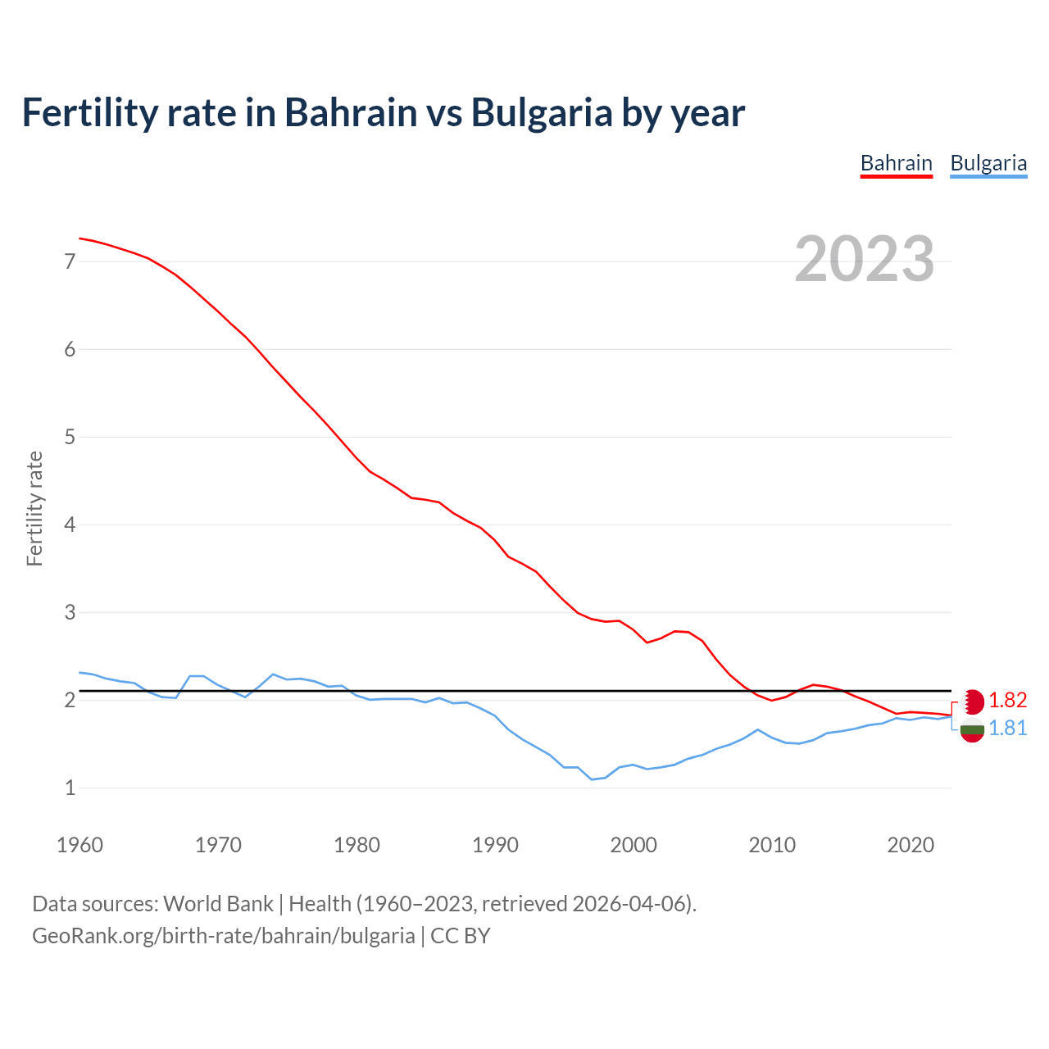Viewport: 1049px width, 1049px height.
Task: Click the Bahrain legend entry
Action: [x=896, y=163]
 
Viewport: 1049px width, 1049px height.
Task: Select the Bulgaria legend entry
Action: [x=988, y=163]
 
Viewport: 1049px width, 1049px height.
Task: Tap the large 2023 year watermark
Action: [x=864, y=259]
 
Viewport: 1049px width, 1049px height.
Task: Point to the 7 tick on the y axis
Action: [x=70, y=261]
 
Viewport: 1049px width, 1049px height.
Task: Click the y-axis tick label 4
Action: [x=70, y=524]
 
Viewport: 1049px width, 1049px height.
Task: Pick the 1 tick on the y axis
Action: [x=70, y=788]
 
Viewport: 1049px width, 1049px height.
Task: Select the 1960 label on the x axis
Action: [x=79, y=845]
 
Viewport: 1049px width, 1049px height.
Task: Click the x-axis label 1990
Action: [x=495, y=845]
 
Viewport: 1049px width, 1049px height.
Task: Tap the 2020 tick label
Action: [x=910, y=845]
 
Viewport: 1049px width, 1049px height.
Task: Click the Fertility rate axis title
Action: [x=34, y=508]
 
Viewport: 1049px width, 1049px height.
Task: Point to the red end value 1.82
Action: [x=1007, y=700]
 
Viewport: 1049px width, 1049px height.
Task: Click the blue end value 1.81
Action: [x=1007, y=728]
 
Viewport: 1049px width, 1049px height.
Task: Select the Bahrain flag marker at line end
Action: [x=972, y=702]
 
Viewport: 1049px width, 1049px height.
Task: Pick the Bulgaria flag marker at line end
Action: [x=972, y=730]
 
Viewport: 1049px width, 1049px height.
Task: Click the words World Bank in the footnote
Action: [x=218, y=904]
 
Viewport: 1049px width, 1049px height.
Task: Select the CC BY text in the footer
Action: [x=460, y=936]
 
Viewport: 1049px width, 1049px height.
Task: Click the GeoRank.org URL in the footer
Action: [x=223, y=936]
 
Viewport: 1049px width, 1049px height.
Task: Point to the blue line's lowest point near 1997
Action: [x=592, y=779]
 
